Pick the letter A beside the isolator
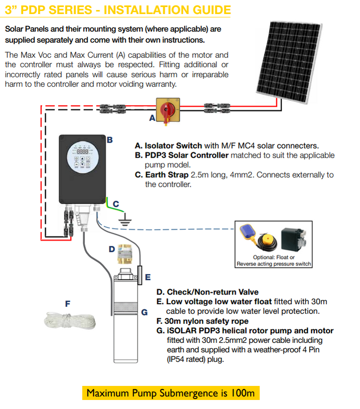point(152,118)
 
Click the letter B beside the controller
point(109,140)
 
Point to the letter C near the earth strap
point(115,204)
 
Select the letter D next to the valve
point(111,249)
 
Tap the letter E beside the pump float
point(147,277)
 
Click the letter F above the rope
point(67,303)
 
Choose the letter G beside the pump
point(144,312)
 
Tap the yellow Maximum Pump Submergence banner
point(171,392)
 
